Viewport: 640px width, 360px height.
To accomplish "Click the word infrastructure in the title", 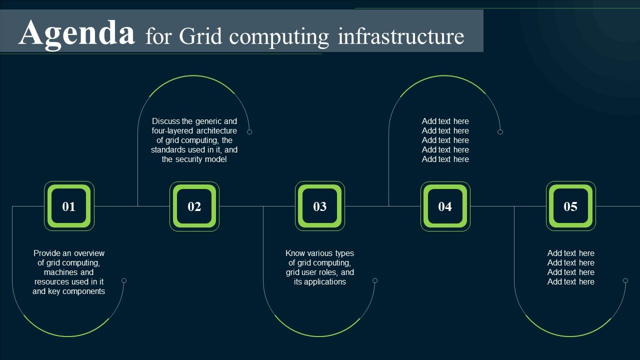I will (x=401, y=36).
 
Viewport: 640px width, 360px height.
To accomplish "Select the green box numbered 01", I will (x=69, y=206).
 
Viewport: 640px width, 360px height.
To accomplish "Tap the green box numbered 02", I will (x=194, y=206).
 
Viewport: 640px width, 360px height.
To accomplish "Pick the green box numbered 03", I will (x=320, y=206).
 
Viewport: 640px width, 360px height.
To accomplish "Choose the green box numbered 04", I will (x=445, y=206).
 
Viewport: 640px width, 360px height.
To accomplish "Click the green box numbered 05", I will (x=570, y=206).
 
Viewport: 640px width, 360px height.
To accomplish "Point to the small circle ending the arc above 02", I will (x=249, y=132).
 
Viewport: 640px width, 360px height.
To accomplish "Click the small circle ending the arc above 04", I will (x=500, y=132).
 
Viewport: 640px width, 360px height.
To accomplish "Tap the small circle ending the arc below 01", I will (x=124, y=280).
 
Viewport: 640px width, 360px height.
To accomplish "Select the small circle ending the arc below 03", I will (x=375, y=280).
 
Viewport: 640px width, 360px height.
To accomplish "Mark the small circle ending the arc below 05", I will (x=625, y=280).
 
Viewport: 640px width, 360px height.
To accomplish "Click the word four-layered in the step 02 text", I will (x=172, y=131).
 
